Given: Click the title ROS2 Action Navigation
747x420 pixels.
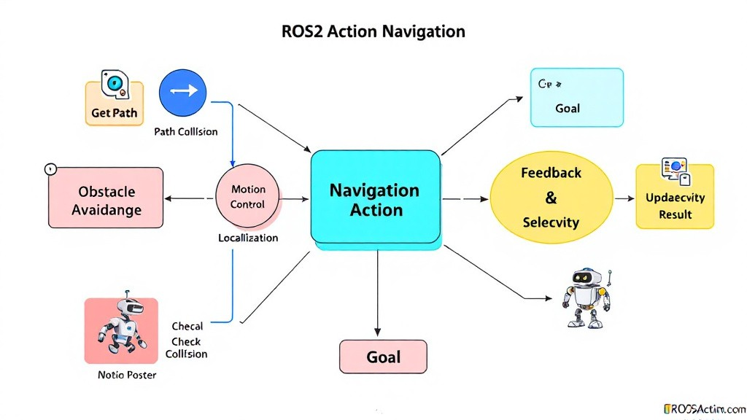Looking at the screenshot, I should pyautogui.click(x=373, y=32).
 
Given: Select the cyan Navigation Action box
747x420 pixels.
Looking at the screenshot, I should pyautogui.click(x=375, y=198).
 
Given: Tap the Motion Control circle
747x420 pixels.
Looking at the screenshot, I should pyautogui.click(x=248, y=197).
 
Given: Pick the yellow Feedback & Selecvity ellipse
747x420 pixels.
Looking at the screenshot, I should pyautogui.click(x=551, y=198).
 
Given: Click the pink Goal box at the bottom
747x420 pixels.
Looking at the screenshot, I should pyautogui.click(x=383, y=357).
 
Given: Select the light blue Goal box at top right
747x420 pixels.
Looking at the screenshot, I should pyautogui.click(x=576, y=98).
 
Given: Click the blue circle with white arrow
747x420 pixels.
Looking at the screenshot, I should pyautogui.click(x=183, y=92).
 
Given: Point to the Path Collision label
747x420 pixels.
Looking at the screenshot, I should pyautogui.click(x=186, y=132).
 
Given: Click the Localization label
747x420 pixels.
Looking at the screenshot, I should pyautogui.click(x=248, y=238).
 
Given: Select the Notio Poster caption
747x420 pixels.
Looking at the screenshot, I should pyautogui.click(x=127, y=376).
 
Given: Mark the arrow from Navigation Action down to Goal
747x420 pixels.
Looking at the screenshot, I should pyautogui.click(x=377, y=292).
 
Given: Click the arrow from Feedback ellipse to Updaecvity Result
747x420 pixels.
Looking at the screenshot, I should pyautogui.click(x=624, y=198).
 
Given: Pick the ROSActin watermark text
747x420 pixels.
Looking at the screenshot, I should pyautogui.click(x=704, y=409).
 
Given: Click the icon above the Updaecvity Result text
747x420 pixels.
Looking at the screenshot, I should pyautogui.click(x=675, y=170).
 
